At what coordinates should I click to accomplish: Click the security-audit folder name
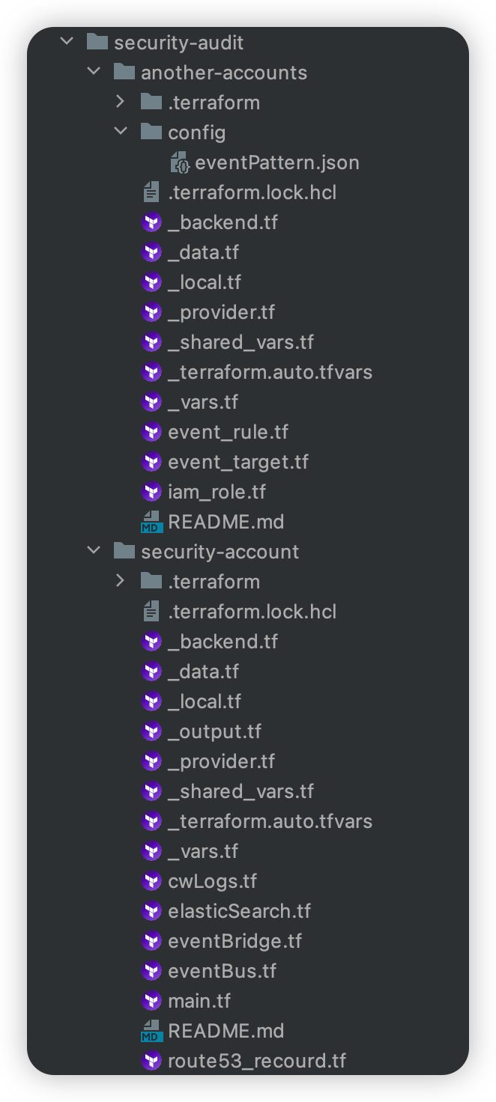(178, 43)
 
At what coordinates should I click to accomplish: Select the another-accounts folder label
(223, 73)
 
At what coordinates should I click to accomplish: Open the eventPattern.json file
(276, 162)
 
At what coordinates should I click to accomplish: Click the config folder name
(196, 133)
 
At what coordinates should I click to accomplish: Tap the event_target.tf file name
(238, 462)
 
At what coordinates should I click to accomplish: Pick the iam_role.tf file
(217, 492)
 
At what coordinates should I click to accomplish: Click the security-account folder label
(220, 552)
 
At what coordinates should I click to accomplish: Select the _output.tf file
(214, 731)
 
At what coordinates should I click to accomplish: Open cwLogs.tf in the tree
(212, 881)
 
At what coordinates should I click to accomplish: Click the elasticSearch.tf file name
(239, 911)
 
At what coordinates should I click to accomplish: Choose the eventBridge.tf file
(235, 941)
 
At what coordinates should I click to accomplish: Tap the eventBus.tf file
(222, 971)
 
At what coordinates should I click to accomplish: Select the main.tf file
(199, 1001)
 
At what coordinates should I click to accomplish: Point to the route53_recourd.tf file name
(256, 1061)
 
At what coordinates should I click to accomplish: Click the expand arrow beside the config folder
(121, 132)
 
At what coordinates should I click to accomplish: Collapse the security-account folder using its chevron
(94, 551)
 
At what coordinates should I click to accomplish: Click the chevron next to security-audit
(67, 42)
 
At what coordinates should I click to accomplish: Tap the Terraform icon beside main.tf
(151, 1001)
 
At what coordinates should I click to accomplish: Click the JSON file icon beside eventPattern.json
(180, 162)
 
